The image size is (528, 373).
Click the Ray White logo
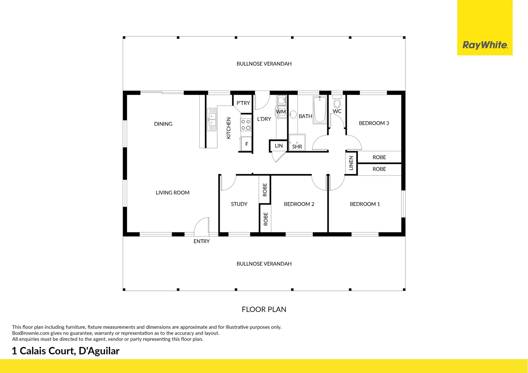pyautogui.click(x=485, y=45)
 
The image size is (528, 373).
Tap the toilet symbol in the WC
pyautogui.click(x=337, y=102)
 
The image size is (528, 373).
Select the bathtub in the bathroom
pyautogui.click(x=320, y=109)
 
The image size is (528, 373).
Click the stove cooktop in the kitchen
pyautogui.click(x=246, y=125)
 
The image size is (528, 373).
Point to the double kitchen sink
pyautogui.click(x=211, y=119)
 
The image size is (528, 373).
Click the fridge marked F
pyautogui.click(x=246, y=144)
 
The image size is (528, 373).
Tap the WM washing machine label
pyautogui.click(x=281, y=112)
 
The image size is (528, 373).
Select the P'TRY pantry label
pyautogui.click(x=243, y=103)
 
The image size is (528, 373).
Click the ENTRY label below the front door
pyautogui.click(x=201, y=241)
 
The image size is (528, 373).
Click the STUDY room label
pyautogui.click(x=239, y=204)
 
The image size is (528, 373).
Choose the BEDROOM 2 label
pyautogui.click(x=299, y=204)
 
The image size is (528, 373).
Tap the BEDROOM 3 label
pyautogui.click(x=374, y=123)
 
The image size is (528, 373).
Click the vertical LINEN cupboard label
pyautogui.click(x=351, y=163)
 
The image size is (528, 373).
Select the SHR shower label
pyautogui.click(x=297, y=147)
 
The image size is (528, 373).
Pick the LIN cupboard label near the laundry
pyautogui.click(x=279, y=146)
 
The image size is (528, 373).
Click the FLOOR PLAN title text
pyautogui.click(x=264, y=309)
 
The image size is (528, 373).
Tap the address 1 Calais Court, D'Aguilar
pyautogui.click(x=66, y=351)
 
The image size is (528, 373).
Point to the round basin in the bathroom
pyautogui.click(x=293, y=114)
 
